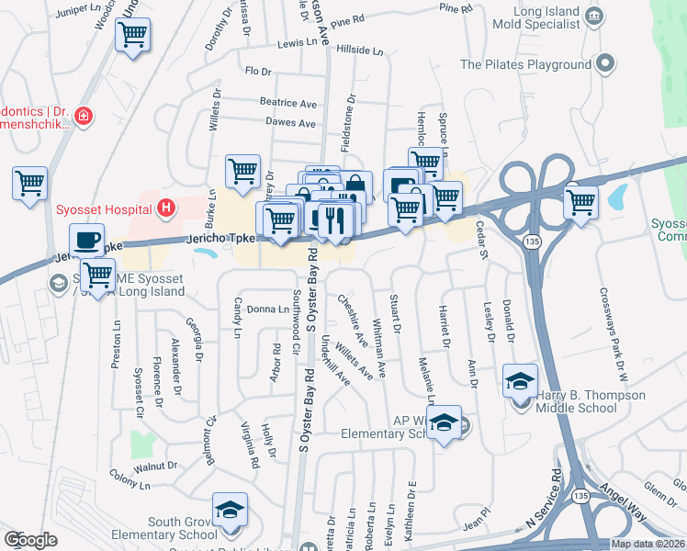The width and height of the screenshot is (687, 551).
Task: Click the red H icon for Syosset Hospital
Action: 165,208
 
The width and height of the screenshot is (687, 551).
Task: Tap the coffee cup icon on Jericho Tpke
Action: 86,241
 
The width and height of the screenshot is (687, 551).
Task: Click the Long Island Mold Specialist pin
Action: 593,16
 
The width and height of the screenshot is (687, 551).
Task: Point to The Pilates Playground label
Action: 525,64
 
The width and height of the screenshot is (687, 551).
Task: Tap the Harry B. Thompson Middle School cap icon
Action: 520,380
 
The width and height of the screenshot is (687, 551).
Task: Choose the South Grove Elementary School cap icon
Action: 230,511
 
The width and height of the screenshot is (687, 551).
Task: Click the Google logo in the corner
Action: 31,540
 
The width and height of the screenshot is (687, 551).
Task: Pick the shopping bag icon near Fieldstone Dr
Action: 355,187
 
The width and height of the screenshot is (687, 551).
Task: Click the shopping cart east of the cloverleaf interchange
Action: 580,202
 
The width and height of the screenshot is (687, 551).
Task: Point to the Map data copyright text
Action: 647,544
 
